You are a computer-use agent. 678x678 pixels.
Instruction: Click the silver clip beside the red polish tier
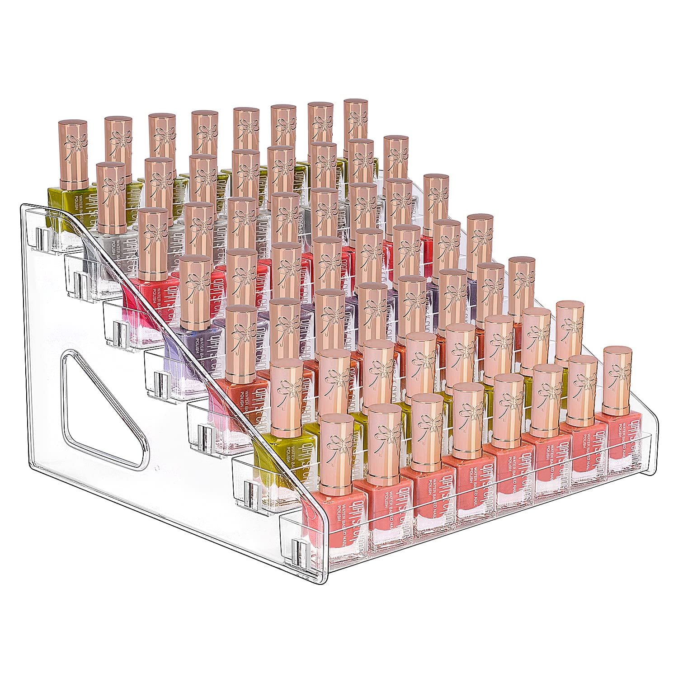118,328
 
